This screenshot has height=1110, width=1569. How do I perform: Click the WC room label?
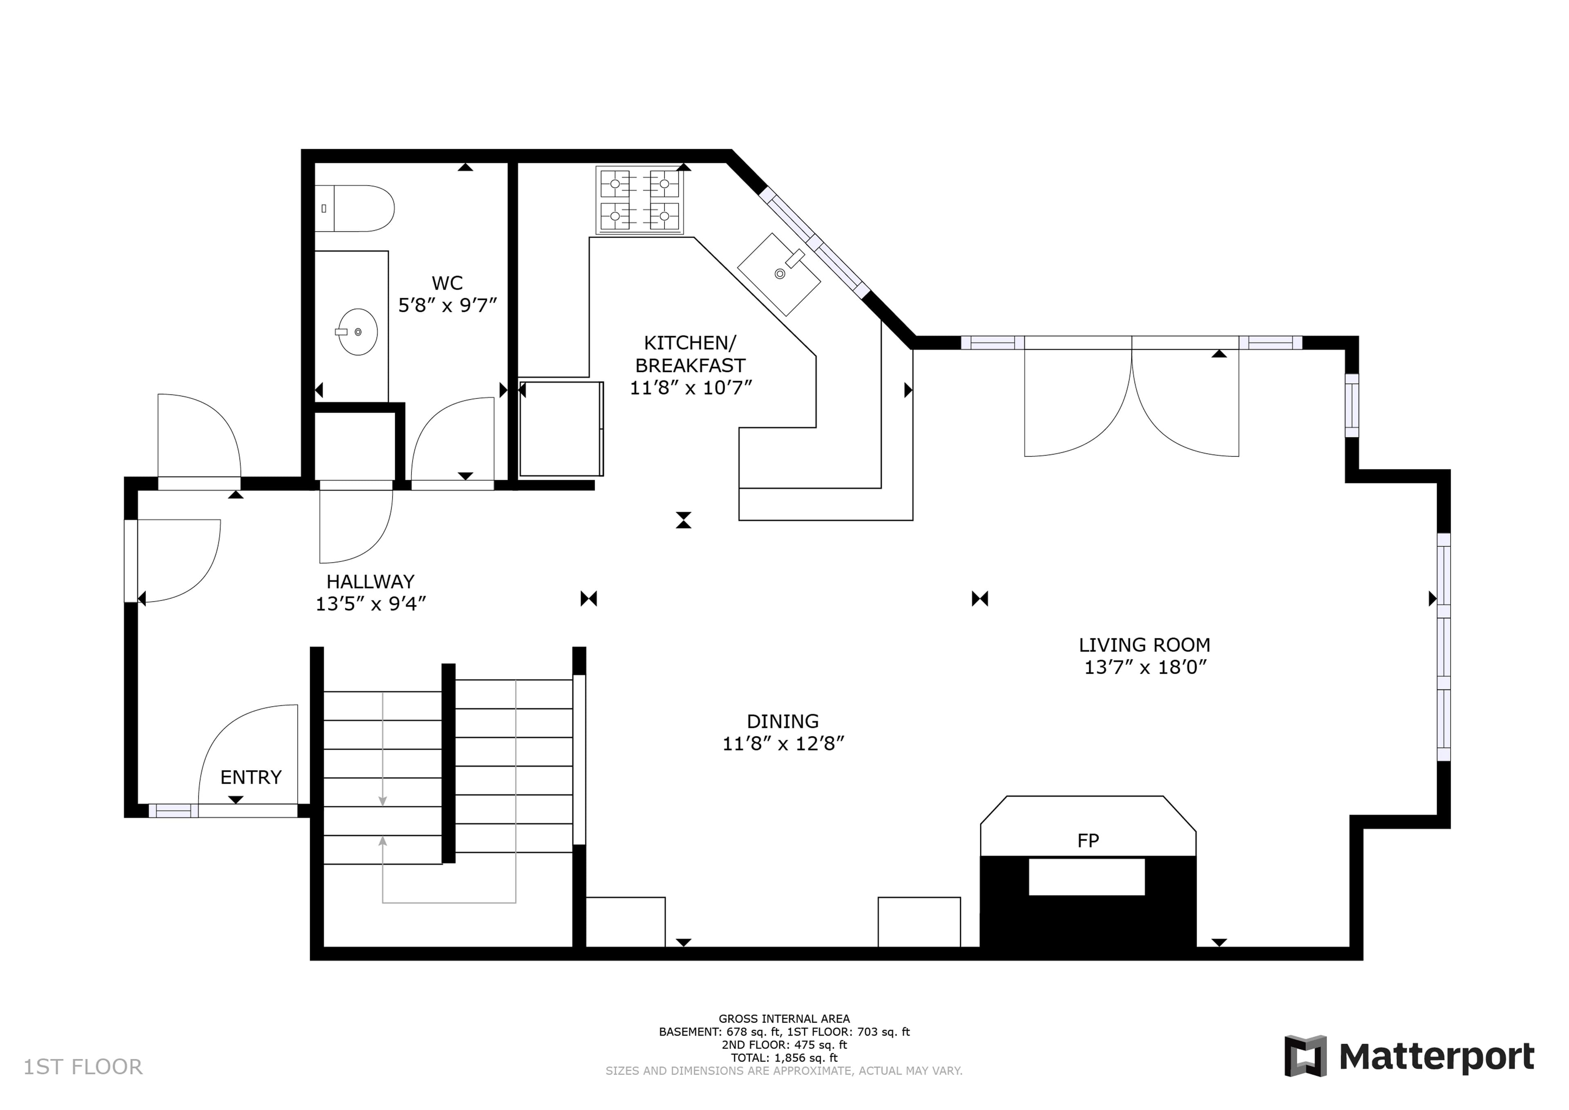click(x=447, y=283)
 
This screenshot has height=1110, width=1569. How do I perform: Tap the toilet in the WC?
click(x=355, y=208)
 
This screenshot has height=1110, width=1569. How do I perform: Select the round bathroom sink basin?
click(x=358, y=332)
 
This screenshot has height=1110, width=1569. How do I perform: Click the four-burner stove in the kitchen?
click(x=639, y=200)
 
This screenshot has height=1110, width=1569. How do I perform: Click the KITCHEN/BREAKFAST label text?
click(x=691, y=354)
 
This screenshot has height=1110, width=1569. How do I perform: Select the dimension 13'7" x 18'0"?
click(x=1145, y=667)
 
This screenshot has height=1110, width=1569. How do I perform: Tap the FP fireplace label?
click(x=1088, y=841)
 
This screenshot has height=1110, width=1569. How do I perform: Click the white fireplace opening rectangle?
click(x=1086, y=877)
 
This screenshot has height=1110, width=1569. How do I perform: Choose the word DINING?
click(x=783, y=722)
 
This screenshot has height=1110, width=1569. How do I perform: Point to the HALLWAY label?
click(x=371, y=582)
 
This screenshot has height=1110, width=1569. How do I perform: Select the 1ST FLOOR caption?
click(x=83, y=1067)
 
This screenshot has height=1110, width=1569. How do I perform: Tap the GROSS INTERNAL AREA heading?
click(x=784, y=1018)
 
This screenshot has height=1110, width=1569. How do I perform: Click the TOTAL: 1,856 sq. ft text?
click(x=784, y=1057)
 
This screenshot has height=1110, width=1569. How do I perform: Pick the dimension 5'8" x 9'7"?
click(x=447, y=306)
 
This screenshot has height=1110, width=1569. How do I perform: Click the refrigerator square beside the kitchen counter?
click(x=561, y=429)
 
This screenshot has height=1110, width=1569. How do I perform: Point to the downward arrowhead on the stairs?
click(x=383, y=801)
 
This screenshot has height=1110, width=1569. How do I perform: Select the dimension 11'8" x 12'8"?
click(x=783, y=744)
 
